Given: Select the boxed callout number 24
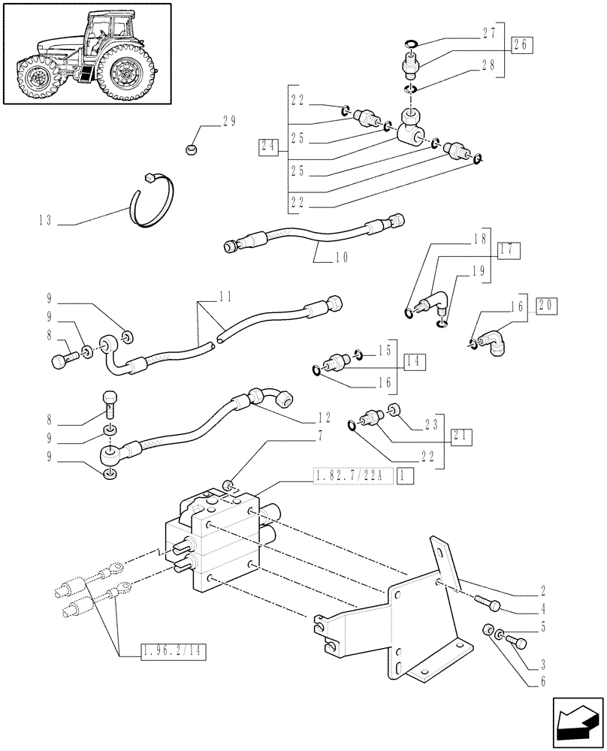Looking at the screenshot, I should (x=266, y=147).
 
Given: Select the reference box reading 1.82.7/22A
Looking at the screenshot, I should (x=350, y=476).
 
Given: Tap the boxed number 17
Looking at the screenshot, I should (x=509, y=250).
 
